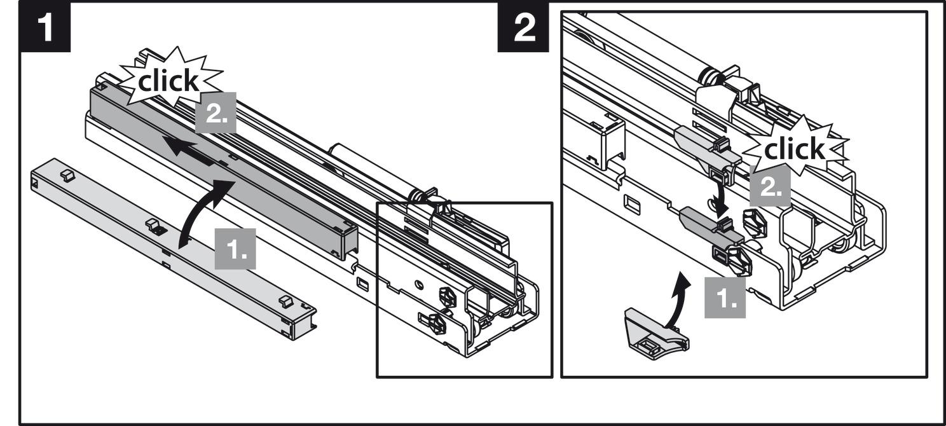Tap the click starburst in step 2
coord(795,150)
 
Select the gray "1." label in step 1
coord(235,249)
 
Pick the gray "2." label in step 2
coord(770,186)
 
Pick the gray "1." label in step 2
coord(725,296)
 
